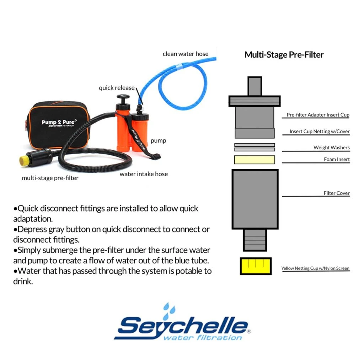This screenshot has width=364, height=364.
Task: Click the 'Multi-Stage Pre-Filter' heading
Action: tap(284, 55)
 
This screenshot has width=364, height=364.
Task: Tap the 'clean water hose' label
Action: tap(186, 54)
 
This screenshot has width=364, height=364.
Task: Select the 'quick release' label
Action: tap(117, 88)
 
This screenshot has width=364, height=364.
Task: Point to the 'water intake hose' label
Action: tap(144, 174)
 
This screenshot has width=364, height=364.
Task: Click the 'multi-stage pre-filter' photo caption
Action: tap(50, 178)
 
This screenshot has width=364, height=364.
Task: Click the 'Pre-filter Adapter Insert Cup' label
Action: tap(318, 115)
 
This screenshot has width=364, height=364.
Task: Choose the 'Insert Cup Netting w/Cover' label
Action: tap(319, 132)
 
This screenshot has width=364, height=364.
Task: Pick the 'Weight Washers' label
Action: tap(331, 148)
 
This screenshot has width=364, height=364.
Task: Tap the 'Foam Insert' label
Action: tap(337, 160)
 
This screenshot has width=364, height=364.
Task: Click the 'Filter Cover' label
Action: tap(337, 193)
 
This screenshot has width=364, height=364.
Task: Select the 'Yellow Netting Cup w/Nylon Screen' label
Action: tap(315, 268)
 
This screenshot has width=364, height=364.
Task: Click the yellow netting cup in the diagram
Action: tap(256, 266)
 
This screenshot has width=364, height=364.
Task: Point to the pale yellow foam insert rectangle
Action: tap(255, 160)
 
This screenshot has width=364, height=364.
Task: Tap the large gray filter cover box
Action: tap(255, 199)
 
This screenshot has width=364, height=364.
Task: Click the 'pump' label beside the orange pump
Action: tap(158, 141)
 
